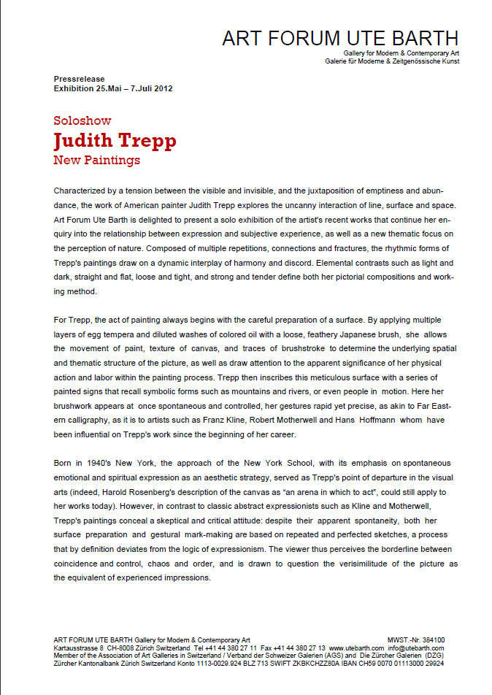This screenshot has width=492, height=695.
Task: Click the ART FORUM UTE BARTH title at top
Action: click(x=340, y=39)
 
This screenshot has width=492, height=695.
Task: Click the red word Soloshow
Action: click(x=82, y=121)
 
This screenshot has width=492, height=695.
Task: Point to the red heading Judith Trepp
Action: click(x=115, y=140)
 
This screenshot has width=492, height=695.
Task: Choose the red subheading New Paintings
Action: click(x=96, y=159)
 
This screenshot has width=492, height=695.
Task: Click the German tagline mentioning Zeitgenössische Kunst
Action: click(x=392, y=61)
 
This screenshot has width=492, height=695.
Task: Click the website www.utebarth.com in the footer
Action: click(x=356, y=648)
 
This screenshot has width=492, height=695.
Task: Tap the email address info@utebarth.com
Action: click(x=415, y=648)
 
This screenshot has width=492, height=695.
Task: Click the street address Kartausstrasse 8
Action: click(x=78, y=648)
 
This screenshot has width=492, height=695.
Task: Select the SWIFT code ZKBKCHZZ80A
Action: click(x=327, y=663)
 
